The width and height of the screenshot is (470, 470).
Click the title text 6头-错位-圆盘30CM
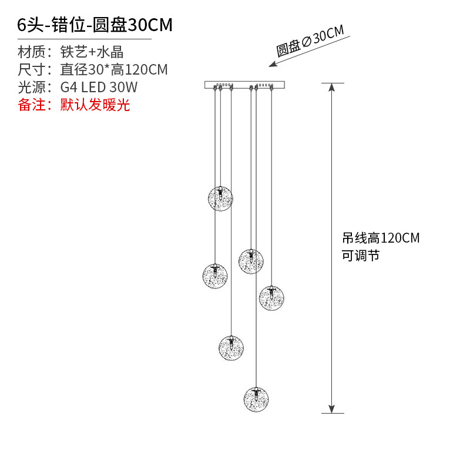[x=95, y=25]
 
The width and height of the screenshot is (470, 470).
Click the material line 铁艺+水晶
[x=92, y=52]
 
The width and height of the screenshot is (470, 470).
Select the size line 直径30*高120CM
[x=114, y=70]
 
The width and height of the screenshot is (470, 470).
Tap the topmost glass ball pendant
[x=220, y=198]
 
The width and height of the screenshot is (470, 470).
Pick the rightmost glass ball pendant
[x=271, y=298]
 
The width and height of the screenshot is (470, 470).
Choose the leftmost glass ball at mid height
[x=215, y=275]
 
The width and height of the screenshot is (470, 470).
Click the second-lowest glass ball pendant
[x=231, y=347]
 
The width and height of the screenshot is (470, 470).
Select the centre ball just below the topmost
[x=251, y=261]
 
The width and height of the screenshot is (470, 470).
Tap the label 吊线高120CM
[x=381, y=238]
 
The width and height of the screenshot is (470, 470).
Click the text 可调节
[x=361, y=256]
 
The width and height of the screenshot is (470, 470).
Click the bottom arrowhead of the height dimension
[x=332, y=408]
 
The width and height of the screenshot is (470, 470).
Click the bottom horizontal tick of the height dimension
[x=332, y=413]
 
